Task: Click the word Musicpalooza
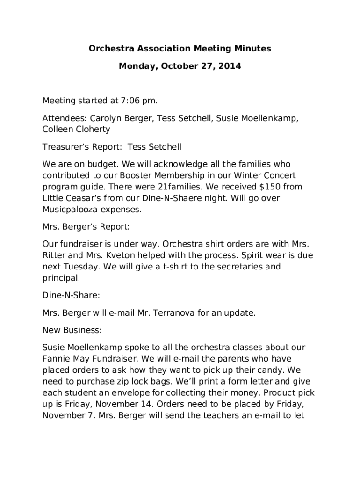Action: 70,210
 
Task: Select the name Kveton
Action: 123,255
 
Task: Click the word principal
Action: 61,278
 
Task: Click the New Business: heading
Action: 72,330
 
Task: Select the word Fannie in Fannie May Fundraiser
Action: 56,359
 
